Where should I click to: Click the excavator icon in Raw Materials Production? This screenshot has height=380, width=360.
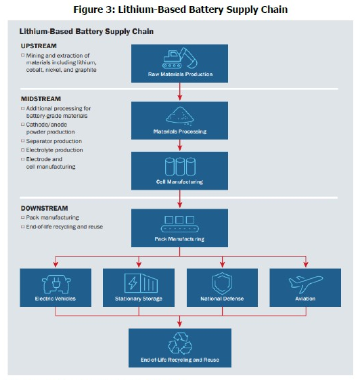(x=179, y=58)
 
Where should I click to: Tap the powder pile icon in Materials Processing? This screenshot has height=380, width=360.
(x=179, y=116)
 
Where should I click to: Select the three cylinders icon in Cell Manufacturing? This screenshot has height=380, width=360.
(x=180, y=167)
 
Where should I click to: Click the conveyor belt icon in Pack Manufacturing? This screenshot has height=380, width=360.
(x=179, y=224)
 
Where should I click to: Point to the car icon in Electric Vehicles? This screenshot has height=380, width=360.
(x=56, y=284)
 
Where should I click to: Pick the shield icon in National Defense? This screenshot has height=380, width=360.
(x=222, y=284)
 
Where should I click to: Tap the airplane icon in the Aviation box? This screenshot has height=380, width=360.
(x=306, y=284)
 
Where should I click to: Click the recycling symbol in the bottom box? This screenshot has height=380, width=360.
(x=180, y=343)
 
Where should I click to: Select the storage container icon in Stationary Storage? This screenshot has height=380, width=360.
(x=141, y=283)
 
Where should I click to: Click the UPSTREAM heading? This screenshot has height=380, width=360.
(x=39, y=46)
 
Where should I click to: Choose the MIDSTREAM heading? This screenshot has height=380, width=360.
(x=41, y=99)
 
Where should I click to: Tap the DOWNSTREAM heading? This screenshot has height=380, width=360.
(x=44, y=209)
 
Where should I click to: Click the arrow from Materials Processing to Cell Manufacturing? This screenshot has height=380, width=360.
(x=179, y=145)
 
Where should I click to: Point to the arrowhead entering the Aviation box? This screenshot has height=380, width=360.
(x=306, y=264)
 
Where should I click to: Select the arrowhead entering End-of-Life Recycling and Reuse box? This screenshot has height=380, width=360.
(x=179, y=324)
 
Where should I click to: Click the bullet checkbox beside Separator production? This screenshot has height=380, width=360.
(x=23, y=141)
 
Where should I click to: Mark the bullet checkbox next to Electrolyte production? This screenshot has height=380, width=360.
(x=23, y=150)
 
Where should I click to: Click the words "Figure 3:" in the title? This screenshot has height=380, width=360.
(x=94, y=9)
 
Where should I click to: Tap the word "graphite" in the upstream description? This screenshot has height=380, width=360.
(x=86, y=70)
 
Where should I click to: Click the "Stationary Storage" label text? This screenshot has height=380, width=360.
(x=139, y=299)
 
